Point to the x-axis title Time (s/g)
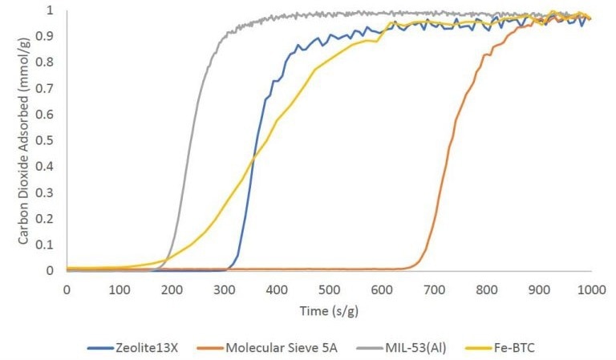(x=329, y=310)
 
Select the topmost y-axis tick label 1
(x=52, y=10)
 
